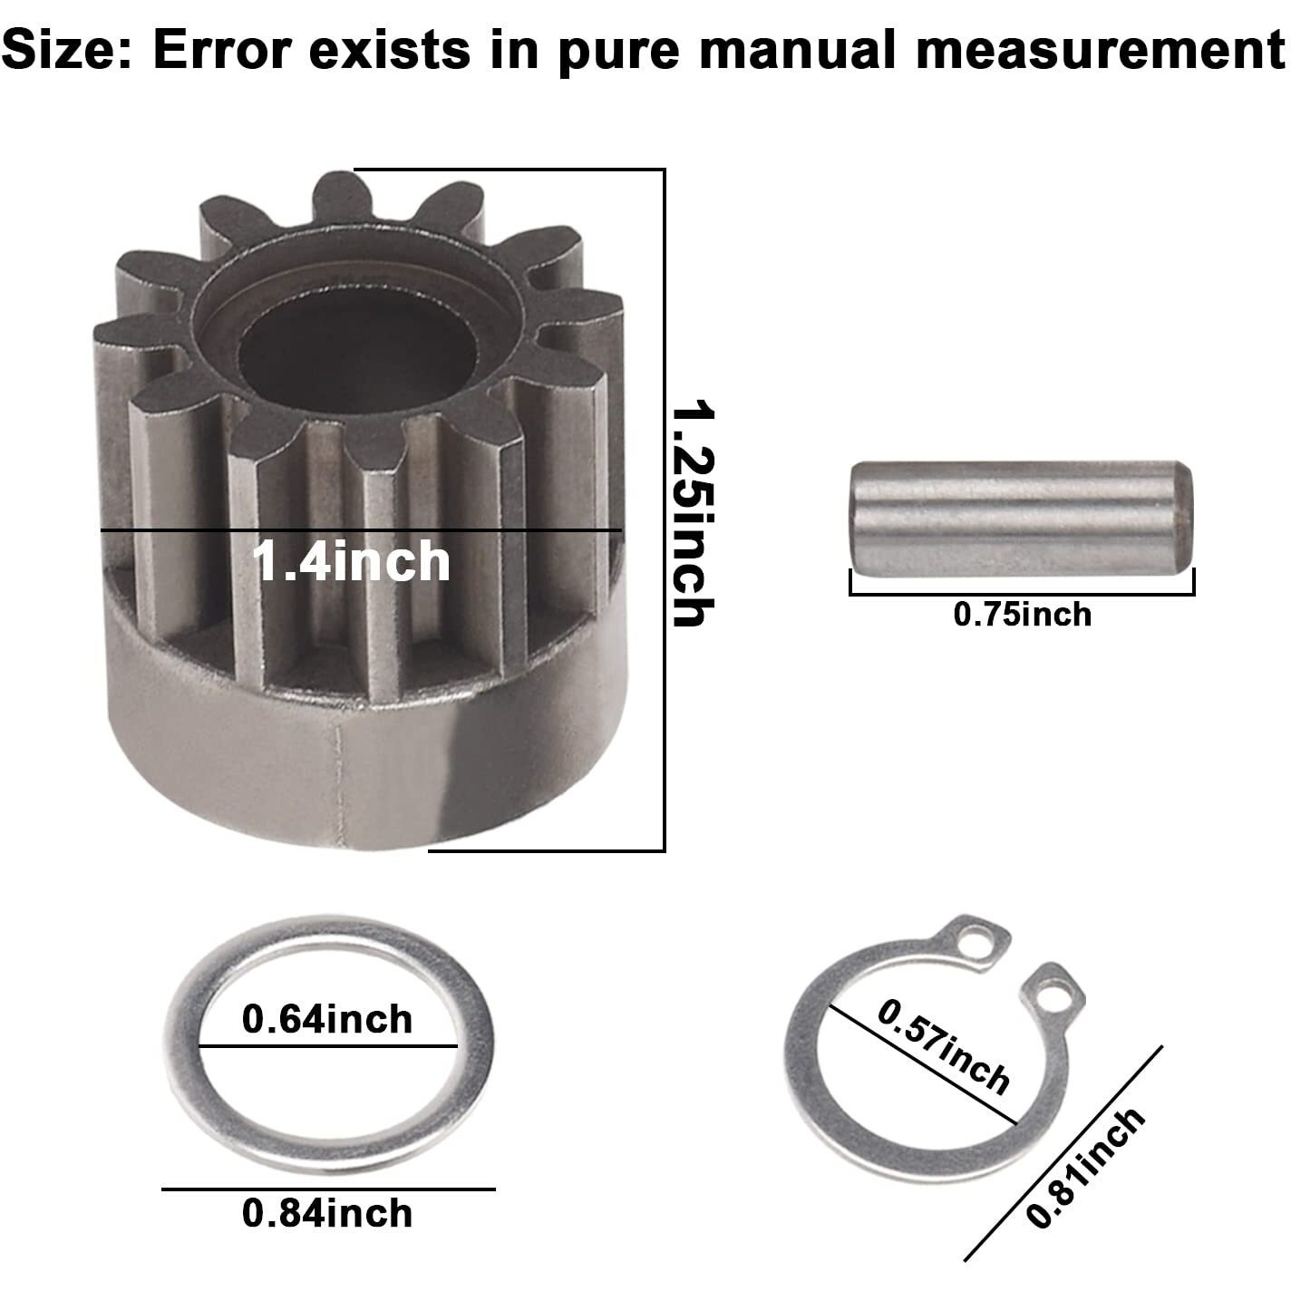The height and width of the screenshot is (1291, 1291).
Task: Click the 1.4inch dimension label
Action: tap(351, 561)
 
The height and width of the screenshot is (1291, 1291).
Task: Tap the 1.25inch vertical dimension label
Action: tap(694, 514)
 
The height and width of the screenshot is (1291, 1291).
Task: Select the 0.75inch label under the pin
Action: tap(1022, 615)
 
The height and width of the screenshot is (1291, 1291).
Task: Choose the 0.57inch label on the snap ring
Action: tap(943, 1045)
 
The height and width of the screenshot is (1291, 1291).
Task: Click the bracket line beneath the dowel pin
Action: tap(1022, 595)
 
